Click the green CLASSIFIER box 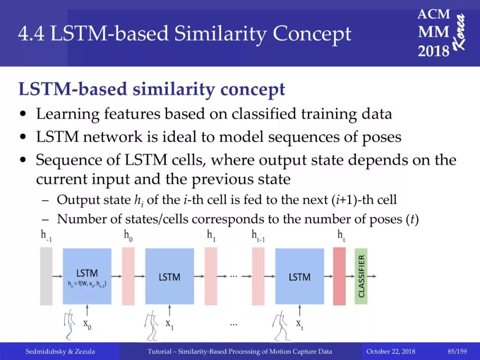pyautogui.click(x=361, y=276)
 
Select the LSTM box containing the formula pyautogui.click(x=87, y=276)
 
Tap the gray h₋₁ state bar pyautogui.click(x=46, y=276)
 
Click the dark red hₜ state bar pyautogui.click(x=339, y=276)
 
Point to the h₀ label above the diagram pyautogui.click(x=128, y=236)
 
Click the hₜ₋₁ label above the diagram pyautogui.click(x=258, y=236)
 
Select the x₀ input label pyautogui.click(x=87, y=324)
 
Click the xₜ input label pyautogui.click(x=300, y=324)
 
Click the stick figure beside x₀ pyautogui.click(x=70, y=324)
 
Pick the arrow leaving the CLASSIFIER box pyautogui.click(x=372, y=276)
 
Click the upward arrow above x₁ pyautogui.click(x=169, y=310)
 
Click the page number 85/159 pyautogui.click(x=457, y=351)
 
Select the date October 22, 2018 pyautogui.click(x=391, y=352)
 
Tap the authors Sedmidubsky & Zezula pyautogui.click(x=60, y=352)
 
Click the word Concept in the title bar pyautogui.click(x=312, y=34)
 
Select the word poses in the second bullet pyautogui.click(x=382, y=137)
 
